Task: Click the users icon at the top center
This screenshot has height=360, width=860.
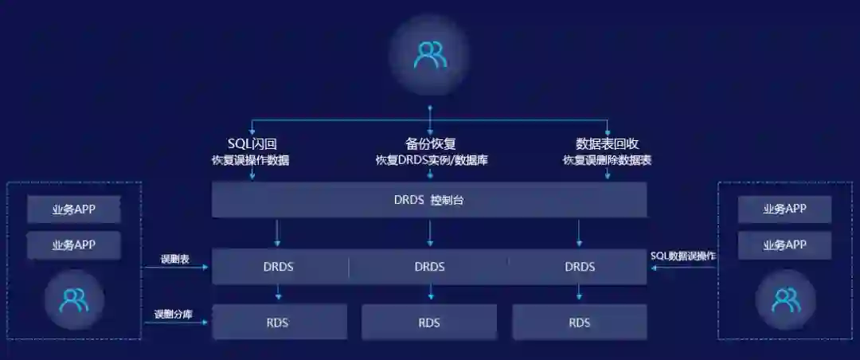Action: [429, 54]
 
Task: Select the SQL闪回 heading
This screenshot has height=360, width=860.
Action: [252, 143]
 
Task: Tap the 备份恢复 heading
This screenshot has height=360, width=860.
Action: [430, 143]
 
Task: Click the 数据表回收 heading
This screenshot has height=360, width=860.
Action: [607, 143]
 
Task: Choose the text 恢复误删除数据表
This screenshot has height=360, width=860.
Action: [607, 160]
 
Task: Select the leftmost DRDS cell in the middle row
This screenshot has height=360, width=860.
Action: [278, 267]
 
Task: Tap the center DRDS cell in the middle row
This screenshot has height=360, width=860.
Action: [429, 267]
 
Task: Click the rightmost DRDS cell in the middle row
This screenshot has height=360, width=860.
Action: [580, 267]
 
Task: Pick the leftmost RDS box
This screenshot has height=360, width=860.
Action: [278, 323]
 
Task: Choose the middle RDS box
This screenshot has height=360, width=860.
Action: [429, 323]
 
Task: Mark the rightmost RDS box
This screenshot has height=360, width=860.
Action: [580, 323]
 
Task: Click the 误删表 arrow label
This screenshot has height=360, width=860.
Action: [174, 259]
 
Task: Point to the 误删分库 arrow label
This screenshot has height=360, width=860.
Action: [174, 314]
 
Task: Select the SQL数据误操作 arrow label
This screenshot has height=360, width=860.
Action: [683, 256]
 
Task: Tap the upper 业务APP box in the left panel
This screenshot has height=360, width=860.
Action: [74, 209]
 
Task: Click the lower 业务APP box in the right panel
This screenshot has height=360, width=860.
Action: [784, 245]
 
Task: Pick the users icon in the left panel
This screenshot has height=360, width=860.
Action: [74, 299]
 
